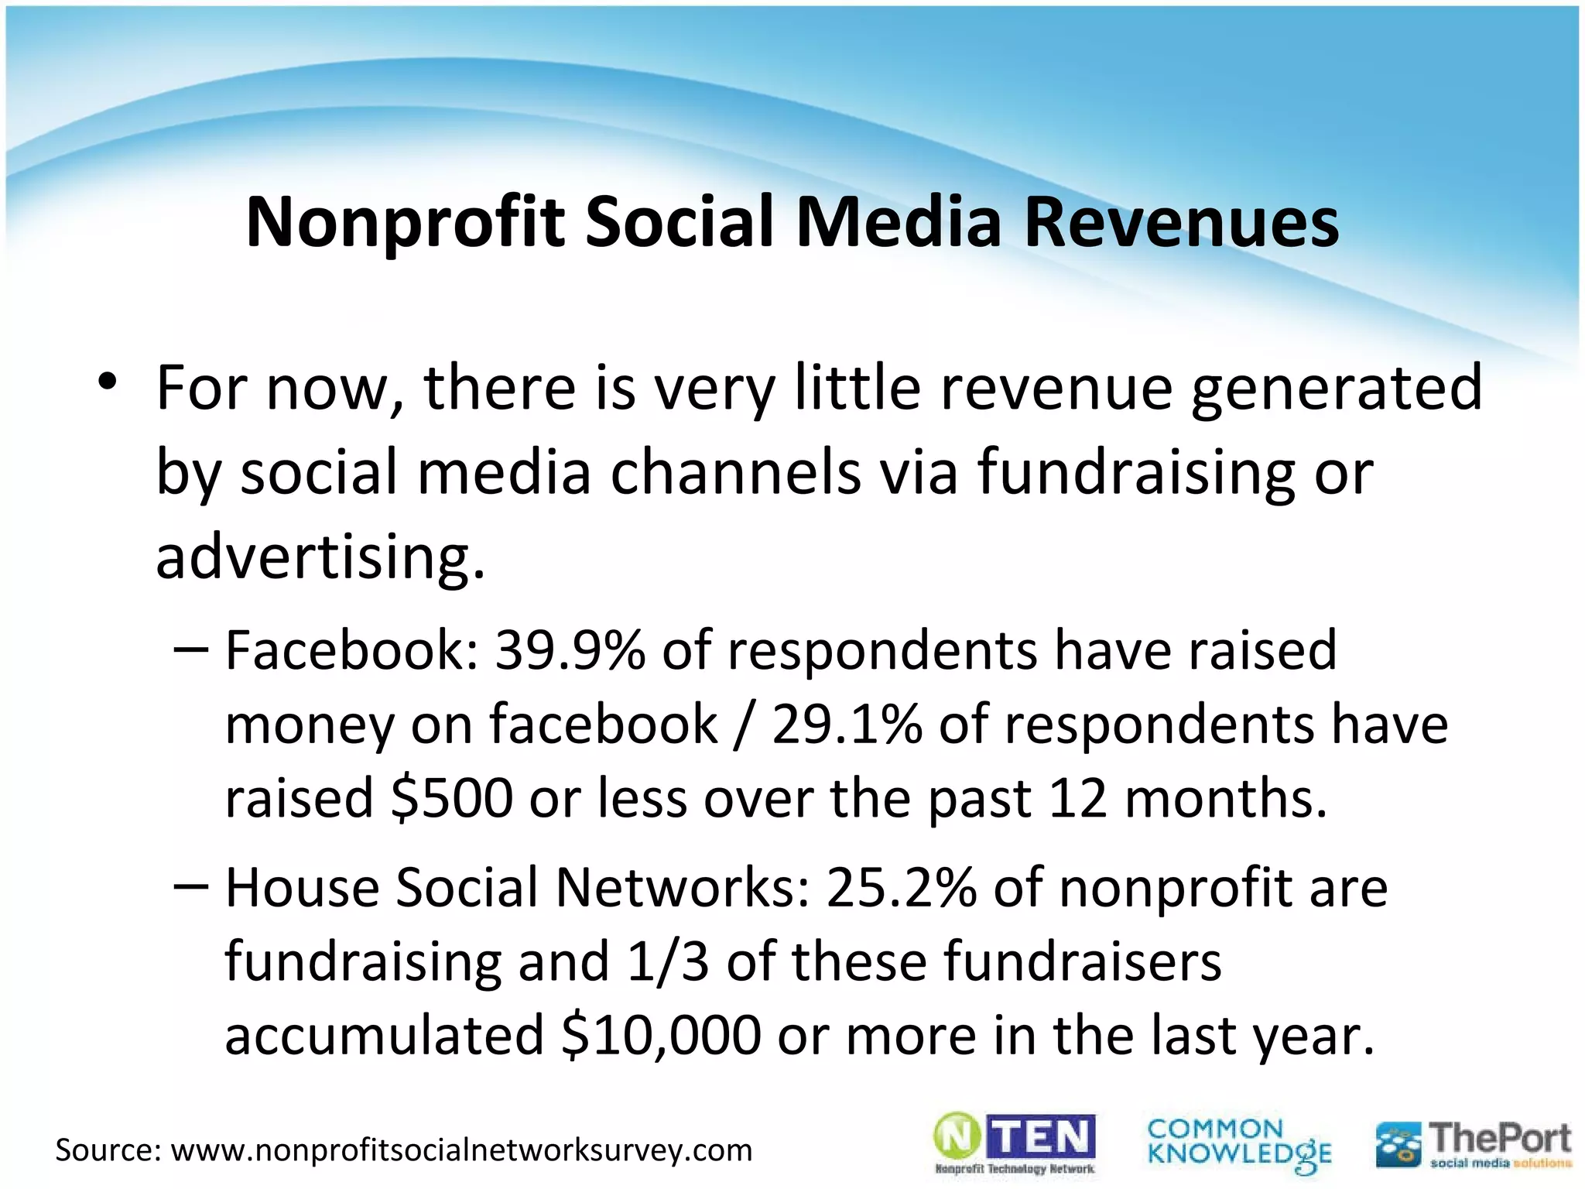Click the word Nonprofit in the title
point(406,223)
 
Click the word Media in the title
point(899,223)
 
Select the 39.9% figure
point(570,650)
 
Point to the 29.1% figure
point(847,725)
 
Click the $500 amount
point(452,798)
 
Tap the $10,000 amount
point(662,1036)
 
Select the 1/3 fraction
point(668,961)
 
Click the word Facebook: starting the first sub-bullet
point(352,650)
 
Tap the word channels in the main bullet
point(735,471)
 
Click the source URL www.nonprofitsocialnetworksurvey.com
point(461,1150)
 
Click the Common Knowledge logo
point(1239,1143)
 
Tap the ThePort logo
point(1474,1144)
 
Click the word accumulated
point(385,1036)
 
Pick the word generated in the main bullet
point(1336,387)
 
